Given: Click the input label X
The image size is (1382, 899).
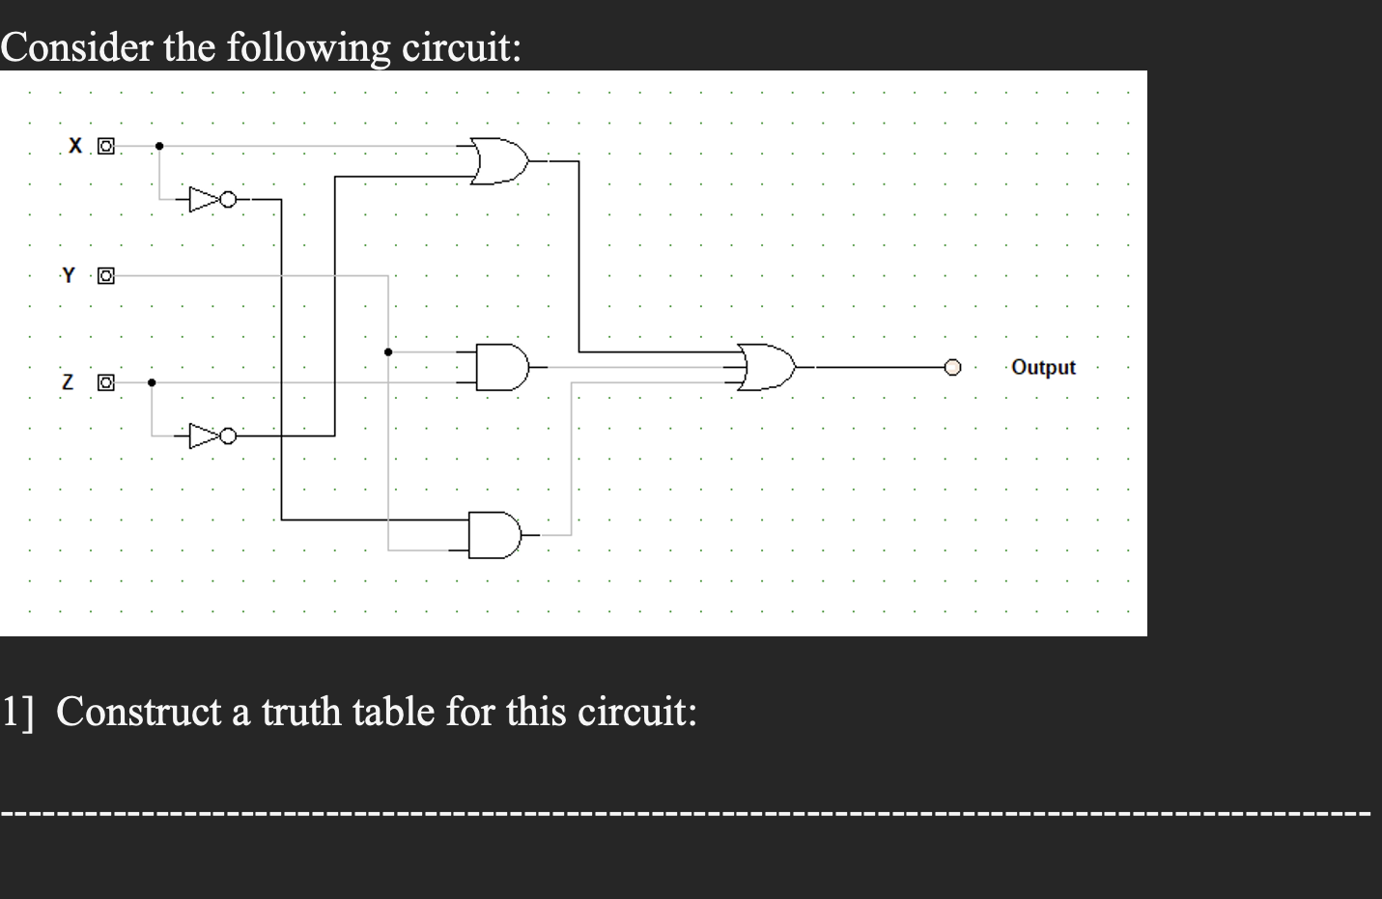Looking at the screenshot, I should [x=75, y=146].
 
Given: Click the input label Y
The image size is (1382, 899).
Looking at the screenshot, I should [x=68, y=275].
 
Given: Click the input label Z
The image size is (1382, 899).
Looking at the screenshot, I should [x=68, y=382].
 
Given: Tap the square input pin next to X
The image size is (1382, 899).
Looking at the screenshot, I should [x=106, y=147].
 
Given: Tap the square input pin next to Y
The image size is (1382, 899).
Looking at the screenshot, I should [x=106, y=276].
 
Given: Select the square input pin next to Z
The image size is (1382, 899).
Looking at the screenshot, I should [x=106, y=383].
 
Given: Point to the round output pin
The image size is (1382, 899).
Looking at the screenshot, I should [x=953, y=367].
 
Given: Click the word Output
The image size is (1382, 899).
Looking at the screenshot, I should [x=1043, y=367].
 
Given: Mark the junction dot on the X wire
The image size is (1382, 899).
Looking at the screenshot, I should [x=159, y=146].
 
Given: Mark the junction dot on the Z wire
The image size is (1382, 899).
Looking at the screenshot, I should [x=152, y=382].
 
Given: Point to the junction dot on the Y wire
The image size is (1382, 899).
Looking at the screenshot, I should [x=388, y=351].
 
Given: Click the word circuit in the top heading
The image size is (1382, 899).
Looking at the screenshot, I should [x=461, y=46].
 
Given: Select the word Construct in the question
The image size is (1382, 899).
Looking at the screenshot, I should [x=139, y=712].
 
